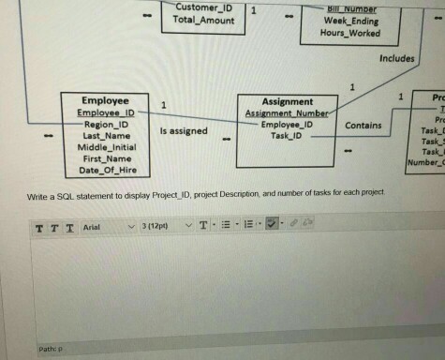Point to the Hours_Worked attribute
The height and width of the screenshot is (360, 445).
[350, 32]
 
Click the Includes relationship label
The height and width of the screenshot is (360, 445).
[396, 58]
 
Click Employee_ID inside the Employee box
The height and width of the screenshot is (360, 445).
[105, 112]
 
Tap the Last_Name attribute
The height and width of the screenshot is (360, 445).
[104, 135]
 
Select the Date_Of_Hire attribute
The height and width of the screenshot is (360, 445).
[105, 170]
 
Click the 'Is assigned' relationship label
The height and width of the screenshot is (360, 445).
[185, 131]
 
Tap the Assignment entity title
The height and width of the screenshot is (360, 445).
[287, 101]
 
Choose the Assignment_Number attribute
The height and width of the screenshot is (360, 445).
[286, 112]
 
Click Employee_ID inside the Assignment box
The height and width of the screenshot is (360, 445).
[287, 124]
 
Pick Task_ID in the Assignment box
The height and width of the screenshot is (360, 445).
[287, 136]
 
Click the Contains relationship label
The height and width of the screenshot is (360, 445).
[363, 125]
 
